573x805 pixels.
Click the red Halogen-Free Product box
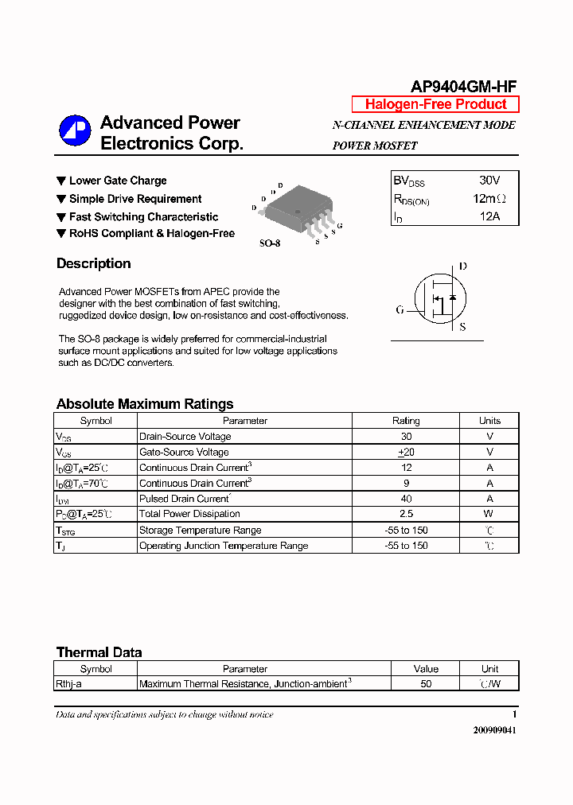(x=435, y=104)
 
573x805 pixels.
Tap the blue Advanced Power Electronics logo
(x=75, y=132)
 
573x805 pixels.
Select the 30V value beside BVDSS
(x=489, y=181)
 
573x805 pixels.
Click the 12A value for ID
(x=489, y=216)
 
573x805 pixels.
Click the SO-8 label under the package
(x=270, y=243)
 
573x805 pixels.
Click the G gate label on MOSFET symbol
(x=400, y=309)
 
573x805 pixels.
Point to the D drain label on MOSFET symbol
(x=462, y=266)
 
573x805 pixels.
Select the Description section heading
(x=93, y=263)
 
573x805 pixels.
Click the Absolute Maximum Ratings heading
(x=145, y=404)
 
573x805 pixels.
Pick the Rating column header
(x=406, y=421)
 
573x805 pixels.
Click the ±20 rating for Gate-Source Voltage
(x=406, y=452)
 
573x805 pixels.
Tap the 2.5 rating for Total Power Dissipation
(x=406, y=514)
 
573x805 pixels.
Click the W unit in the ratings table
(x=489, y=514)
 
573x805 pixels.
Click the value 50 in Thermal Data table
(x=426, y=684)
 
